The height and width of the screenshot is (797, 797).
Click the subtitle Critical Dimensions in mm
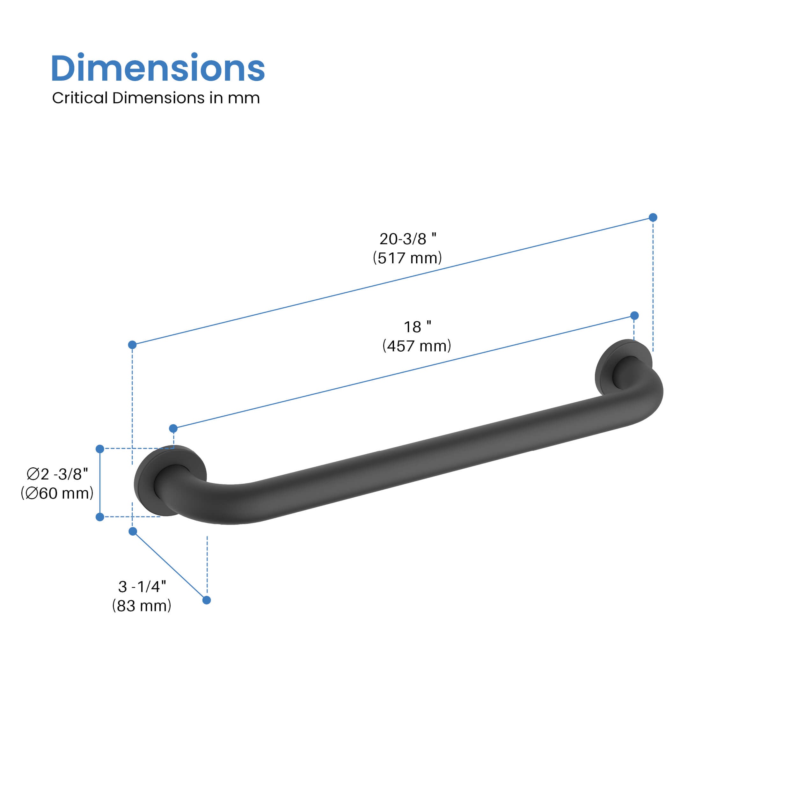(156, 98)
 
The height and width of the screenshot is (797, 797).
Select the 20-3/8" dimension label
(407, 239)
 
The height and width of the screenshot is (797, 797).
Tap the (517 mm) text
(407, 258)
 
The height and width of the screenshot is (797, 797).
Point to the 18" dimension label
(417, 327)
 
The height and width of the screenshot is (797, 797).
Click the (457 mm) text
(417, 346)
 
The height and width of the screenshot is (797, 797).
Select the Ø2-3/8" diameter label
(57, 474)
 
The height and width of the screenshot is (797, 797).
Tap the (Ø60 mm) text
(57, 494)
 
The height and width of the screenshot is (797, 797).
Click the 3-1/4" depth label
(142, 587)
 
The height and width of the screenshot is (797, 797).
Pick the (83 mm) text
(142, 606)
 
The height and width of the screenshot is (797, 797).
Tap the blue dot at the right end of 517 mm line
(653, 217)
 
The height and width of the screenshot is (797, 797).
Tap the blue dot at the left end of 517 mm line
(132, 344)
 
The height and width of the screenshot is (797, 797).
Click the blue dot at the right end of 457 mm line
(634, 316)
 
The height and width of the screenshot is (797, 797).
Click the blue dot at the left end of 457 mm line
(173, 428)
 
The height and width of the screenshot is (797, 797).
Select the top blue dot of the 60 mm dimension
(100, 449)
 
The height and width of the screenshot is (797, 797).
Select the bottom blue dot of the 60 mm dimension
(100, 517)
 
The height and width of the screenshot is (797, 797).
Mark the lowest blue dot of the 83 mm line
(207, 600)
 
